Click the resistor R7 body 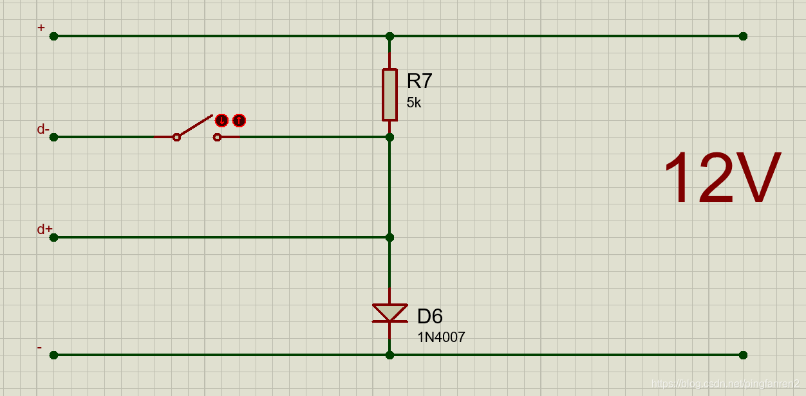[389, 94]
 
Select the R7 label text [419, 81]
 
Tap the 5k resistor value [413, 102]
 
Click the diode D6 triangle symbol [389, 312]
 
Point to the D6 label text [429, 316]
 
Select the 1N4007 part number [441, 337]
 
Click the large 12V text [722, 179]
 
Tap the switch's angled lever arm [194, 126]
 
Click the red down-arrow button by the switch [221, 120]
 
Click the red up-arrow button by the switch [239, 120]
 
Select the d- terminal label [42, 129]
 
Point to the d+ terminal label [44, 230]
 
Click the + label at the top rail [41, 28]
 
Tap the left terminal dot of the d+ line [53, 237]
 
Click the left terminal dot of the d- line [53, 137]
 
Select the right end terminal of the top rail [743, 36]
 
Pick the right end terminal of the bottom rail [743, 355]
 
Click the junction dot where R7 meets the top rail [389, 36]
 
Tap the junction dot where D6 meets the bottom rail [389, 355]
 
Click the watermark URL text [725, 384]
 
